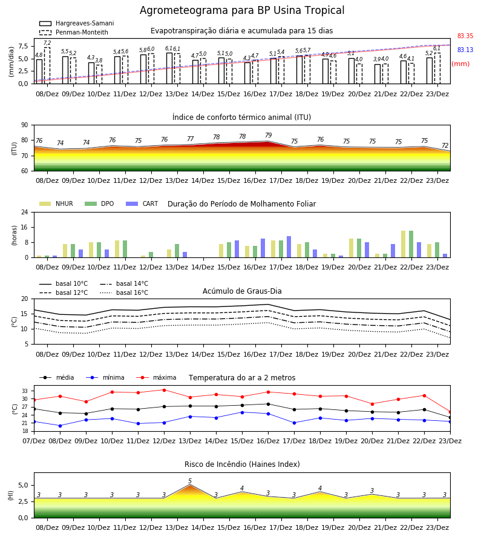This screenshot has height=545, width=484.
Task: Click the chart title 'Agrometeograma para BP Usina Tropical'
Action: (242, 10)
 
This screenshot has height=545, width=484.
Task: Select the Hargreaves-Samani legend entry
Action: (76, 23)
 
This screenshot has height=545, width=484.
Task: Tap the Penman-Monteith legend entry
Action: (74, 32)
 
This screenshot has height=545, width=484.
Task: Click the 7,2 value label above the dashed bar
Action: (47, 43)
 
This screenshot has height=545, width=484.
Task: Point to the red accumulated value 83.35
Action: (465, 36)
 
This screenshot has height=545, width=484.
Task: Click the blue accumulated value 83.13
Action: (465, 50)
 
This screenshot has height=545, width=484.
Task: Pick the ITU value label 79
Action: (269, 135)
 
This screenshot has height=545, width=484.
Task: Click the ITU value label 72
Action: (445, 145)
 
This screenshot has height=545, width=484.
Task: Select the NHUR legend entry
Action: (56, 203)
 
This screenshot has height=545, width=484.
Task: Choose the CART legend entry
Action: (142, 203)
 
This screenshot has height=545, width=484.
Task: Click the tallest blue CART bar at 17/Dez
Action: (289, 247)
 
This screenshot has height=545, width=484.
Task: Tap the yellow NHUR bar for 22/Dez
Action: (403, 244)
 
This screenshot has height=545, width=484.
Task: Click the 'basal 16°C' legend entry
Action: (124, 292)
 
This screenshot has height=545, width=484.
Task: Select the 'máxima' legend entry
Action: (156, 377)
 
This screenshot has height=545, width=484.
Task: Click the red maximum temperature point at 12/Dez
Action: (164, 390)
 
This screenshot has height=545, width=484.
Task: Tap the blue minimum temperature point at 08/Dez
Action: (60, 426)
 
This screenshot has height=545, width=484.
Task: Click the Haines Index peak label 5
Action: (190, 481)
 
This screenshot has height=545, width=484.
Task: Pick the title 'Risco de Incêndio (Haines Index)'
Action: (242, 464)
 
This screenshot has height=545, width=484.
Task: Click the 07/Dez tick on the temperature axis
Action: (34, 441)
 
